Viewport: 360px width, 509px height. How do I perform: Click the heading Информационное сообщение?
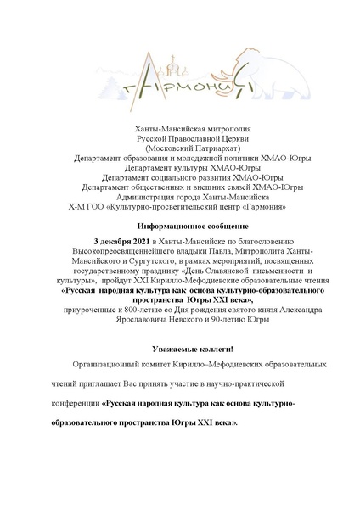point(180,227)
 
